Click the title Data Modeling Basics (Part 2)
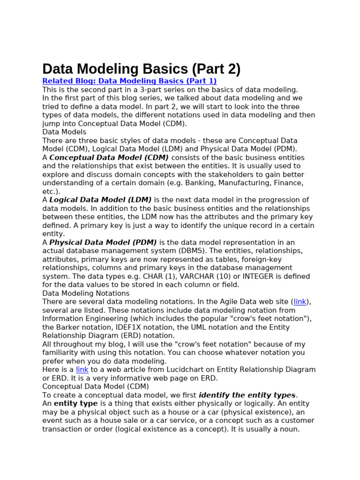[x=141, y=69]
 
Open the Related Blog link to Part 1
[x=129, y=81]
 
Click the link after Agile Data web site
[x=300, y=302]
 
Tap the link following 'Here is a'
[x=82, y=369]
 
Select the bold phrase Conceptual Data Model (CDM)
[x=109, y=157]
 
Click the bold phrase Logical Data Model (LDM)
[x=100, y=200]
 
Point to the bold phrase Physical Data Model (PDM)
[x=103, y=242]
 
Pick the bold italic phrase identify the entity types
[x=247, y=395]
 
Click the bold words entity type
[x=75, y=404]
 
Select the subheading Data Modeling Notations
[x=86, y=293]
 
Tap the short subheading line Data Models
[x=64, y=132]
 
